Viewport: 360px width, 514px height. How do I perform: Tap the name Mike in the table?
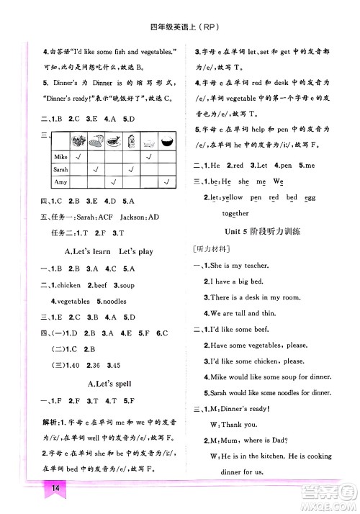pos(61,156)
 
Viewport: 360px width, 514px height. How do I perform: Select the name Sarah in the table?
pos(63,171)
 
